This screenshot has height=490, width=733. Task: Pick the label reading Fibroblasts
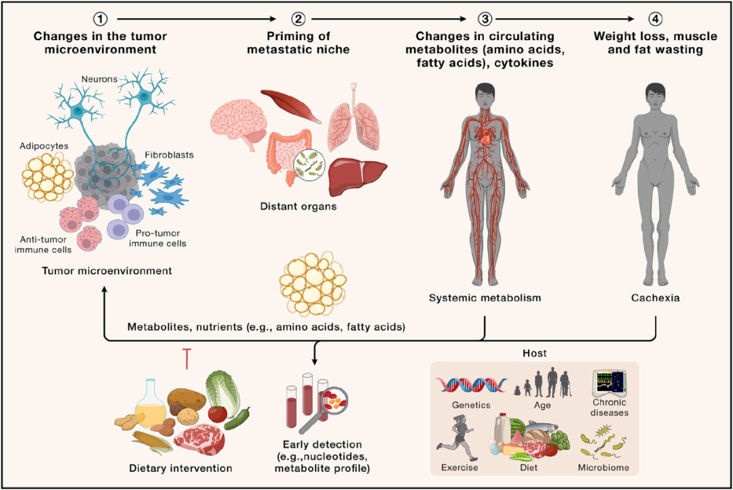(170, 156)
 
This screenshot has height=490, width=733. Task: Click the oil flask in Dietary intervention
(150, 404)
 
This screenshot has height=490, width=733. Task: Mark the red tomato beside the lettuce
(217, 414)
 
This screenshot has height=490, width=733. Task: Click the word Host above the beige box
(535, 353)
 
